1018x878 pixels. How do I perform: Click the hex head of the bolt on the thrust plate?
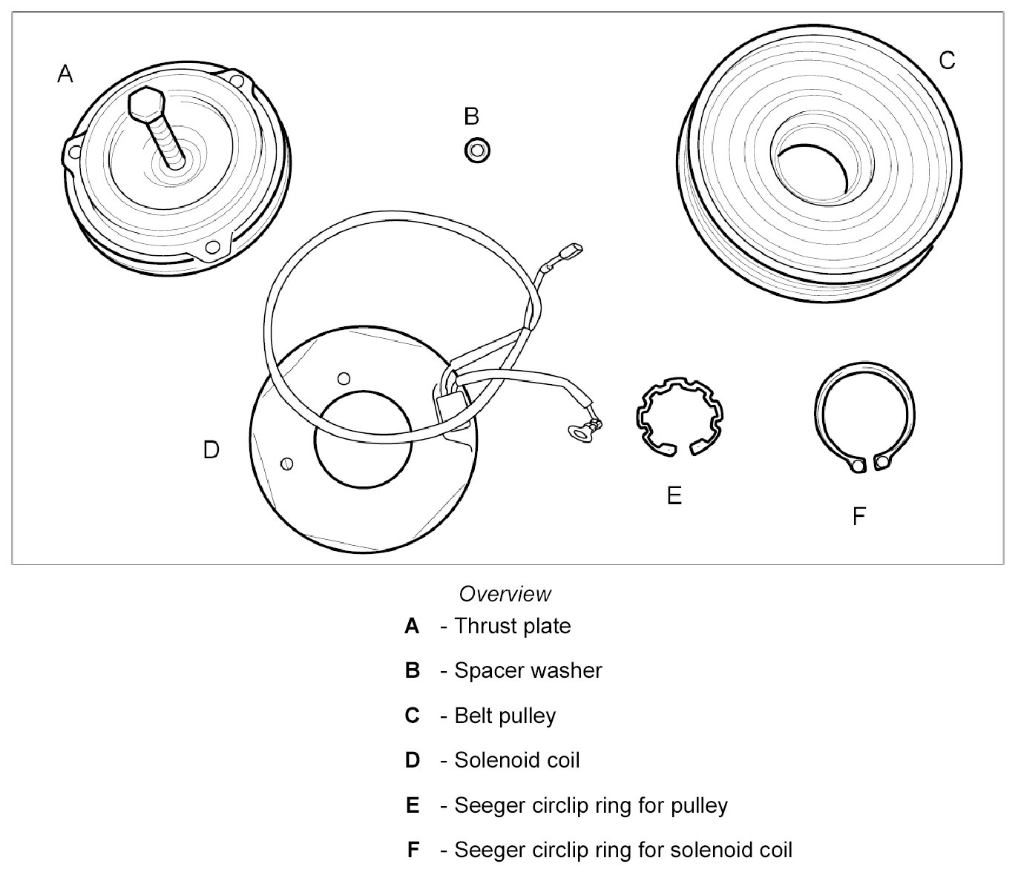[145, 105]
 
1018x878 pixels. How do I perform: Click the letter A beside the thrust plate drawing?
[65, 74]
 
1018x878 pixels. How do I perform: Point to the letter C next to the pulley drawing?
[947, 60]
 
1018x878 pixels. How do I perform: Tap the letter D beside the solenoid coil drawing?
[211, 450]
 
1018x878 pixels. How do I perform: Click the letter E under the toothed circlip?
[674, 495]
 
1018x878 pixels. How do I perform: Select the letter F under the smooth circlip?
[858, 516]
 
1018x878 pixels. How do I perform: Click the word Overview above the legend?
[505, 594]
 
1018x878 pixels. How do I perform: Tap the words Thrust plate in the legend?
[512, 626]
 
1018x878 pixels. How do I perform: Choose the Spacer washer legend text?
[528, 670]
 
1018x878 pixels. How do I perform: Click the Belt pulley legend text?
[505, 716]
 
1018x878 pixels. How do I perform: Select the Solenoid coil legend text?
[516, 760]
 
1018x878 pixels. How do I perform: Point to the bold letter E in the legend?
[413, 805]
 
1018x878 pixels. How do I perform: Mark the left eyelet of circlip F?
[858, 465]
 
